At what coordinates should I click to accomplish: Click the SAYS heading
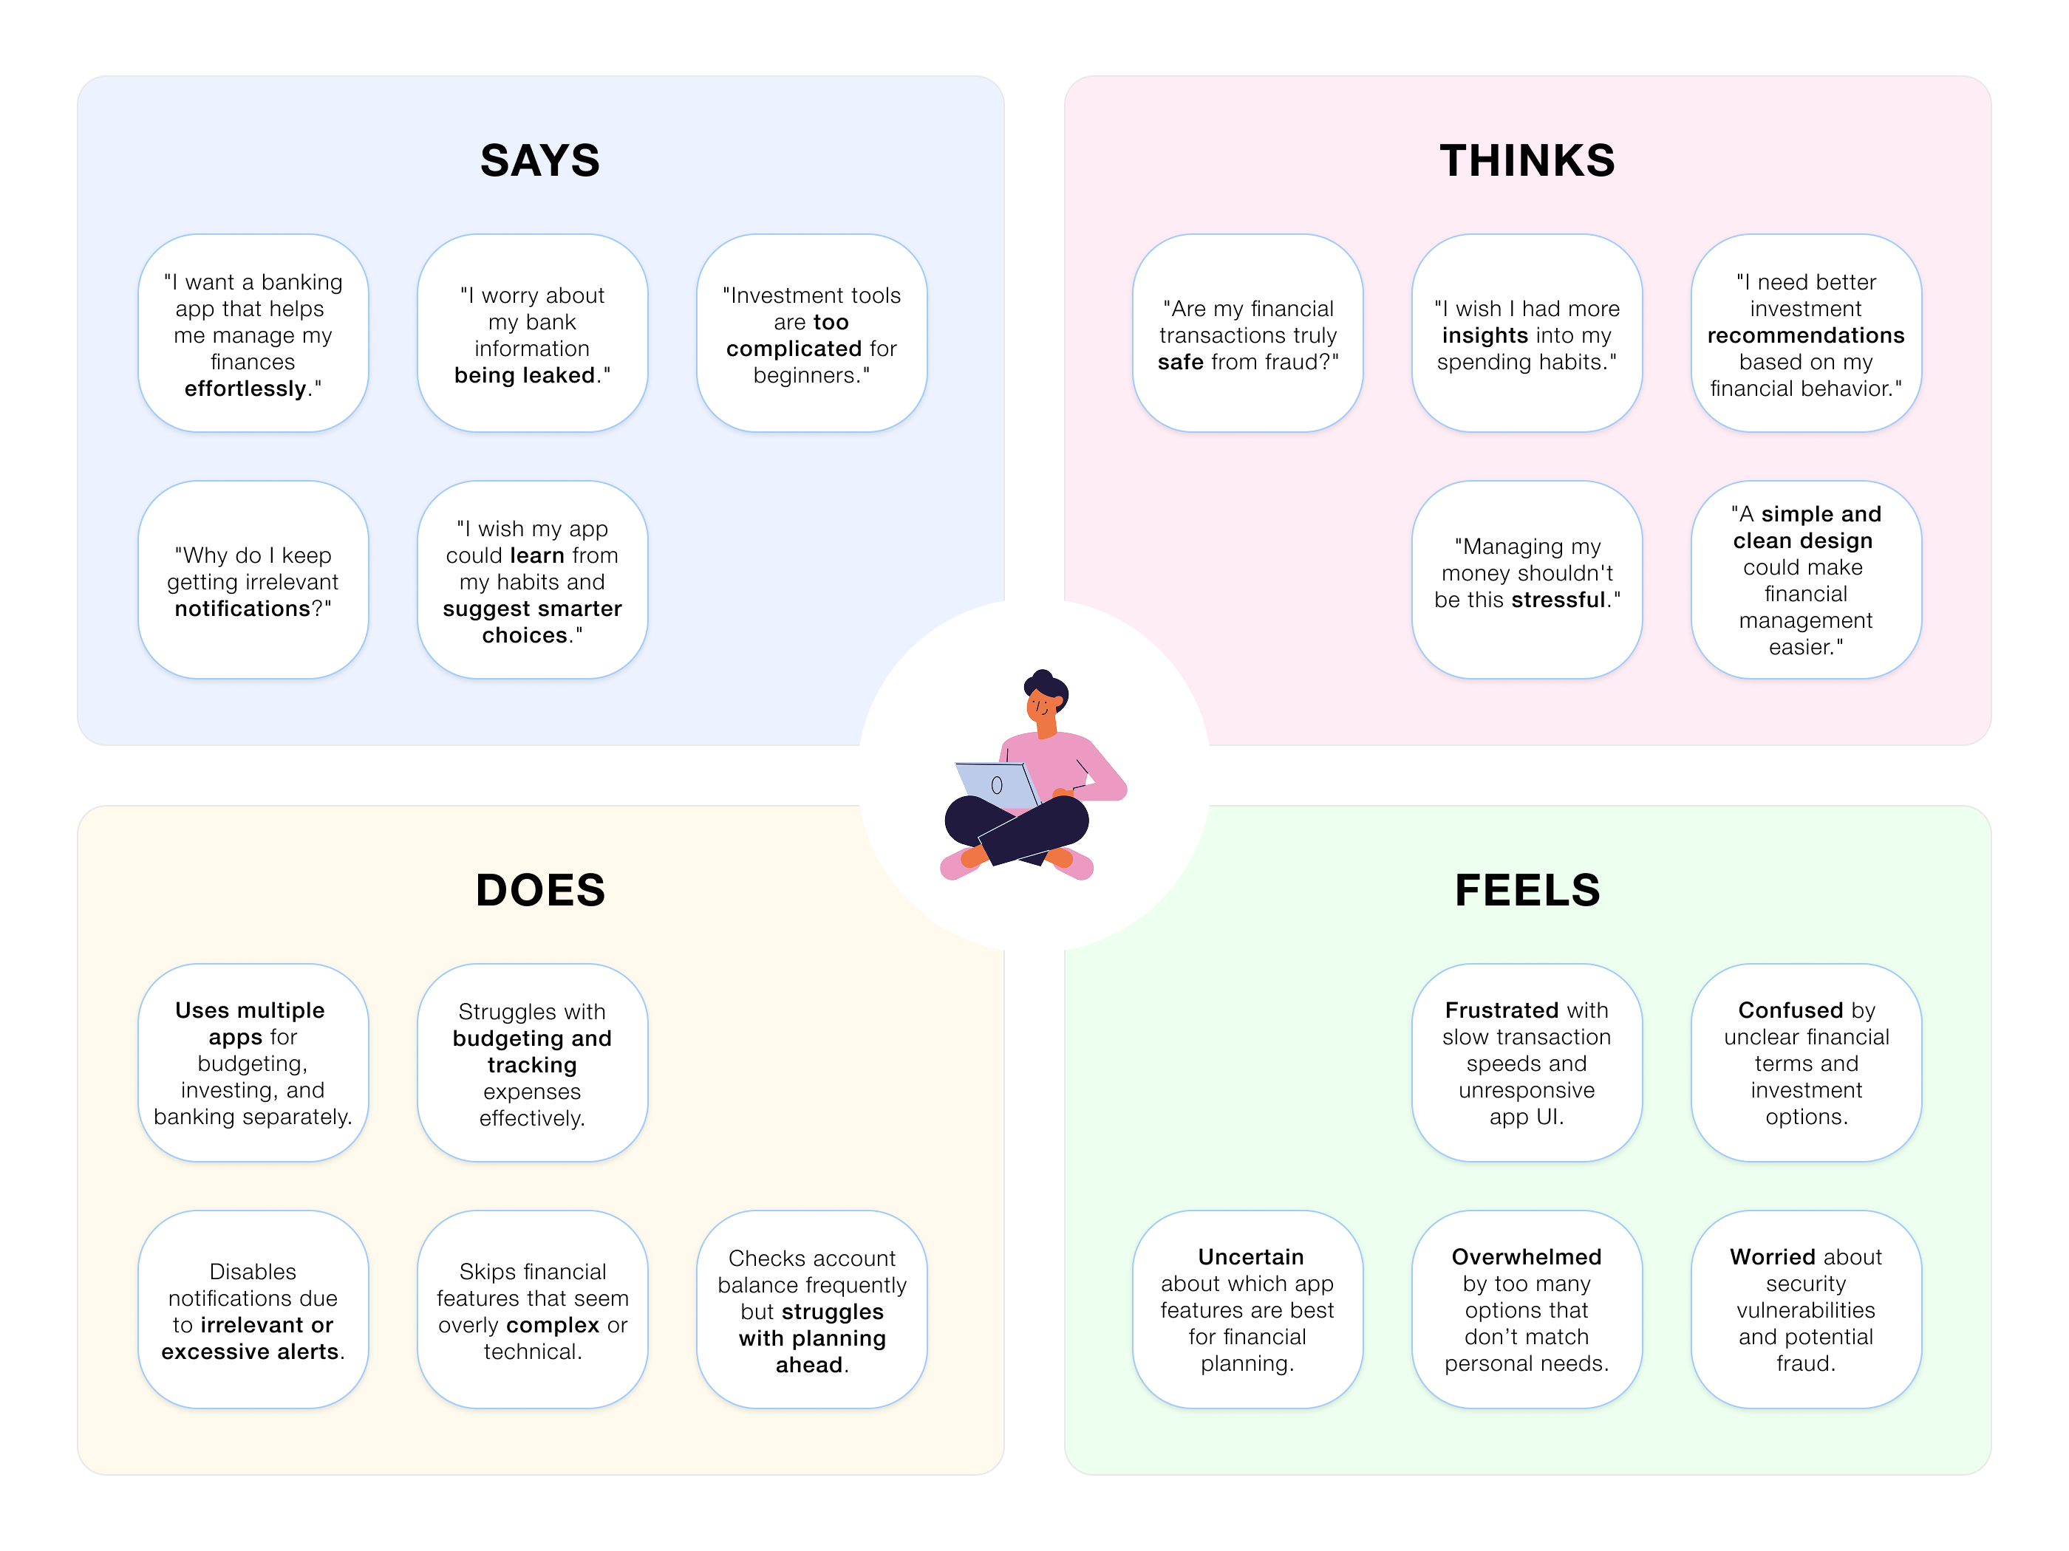pos(539,161)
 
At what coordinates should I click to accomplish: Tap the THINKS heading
pos(1527,161)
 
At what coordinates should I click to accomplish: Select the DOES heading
pos(539,890)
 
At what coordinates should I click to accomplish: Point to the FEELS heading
pos(1527,890)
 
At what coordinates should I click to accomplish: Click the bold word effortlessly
pos(245,389)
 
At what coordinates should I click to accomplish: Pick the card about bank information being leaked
pos(532,334)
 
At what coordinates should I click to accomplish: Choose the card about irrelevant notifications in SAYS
pos(253,581)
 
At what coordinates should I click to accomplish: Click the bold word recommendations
pos(1805,335)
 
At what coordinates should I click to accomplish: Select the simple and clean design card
pos(1805,581)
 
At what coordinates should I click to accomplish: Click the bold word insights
pos(1485,335)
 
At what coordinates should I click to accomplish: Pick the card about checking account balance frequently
pos(811,1309)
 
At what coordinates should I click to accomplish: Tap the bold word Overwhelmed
pos(1527,1258)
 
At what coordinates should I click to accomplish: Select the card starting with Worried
pos(1805,1309)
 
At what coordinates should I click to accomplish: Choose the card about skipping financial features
pos(532,1309)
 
